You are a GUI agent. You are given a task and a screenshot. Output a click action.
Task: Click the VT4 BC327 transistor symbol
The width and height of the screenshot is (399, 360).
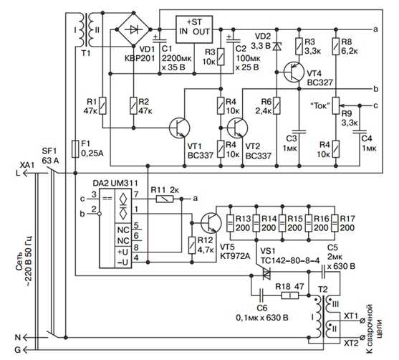[294, 72]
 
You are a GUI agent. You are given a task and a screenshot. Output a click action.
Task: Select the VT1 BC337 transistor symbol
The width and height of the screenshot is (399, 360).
[179, 128]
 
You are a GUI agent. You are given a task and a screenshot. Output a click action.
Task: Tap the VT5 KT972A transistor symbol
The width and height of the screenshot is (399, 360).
[211, 223]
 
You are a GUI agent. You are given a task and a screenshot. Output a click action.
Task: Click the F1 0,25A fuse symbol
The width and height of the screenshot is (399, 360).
[75, 148]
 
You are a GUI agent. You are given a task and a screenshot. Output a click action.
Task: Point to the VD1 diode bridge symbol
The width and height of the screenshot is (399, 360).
[134, 29]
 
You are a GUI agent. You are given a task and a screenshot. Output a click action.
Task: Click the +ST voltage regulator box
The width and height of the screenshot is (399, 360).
[194, 29]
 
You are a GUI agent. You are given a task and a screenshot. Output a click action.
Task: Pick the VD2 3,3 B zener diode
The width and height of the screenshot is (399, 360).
[277, 47]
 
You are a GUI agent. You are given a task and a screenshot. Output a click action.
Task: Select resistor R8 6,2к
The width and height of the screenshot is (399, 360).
[336, 47]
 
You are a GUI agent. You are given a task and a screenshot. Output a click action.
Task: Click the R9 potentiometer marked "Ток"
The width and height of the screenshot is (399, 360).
[336, 105]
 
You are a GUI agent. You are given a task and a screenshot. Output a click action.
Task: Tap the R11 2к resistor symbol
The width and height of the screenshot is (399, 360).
[164, 199]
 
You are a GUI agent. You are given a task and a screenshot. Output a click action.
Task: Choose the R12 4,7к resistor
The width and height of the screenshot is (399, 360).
[192, 245]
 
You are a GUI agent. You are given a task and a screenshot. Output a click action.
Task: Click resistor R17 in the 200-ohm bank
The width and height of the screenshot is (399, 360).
[335, 223]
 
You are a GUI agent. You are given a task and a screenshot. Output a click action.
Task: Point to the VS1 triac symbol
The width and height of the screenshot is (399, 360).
[266, 274]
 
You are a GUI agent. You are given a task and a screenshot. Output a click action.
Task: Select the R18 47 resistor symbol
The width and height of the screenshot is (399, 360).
[290, 295]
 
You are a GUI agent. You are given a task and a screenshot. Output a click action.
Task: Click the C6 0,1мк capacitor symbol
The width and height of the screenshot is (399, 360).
[262, 295]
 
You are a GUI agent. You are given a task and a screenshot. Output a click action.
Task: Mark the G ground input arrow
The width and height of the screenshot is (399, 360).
[25, 349]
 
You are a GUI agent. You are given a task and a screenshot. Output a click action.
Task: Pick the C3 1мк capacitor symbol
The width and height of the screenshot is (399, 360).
[299, 132]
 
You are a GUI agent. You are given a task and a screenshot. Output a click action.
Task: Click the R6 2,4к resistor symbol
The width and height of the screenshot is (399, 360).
[277, 105]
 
